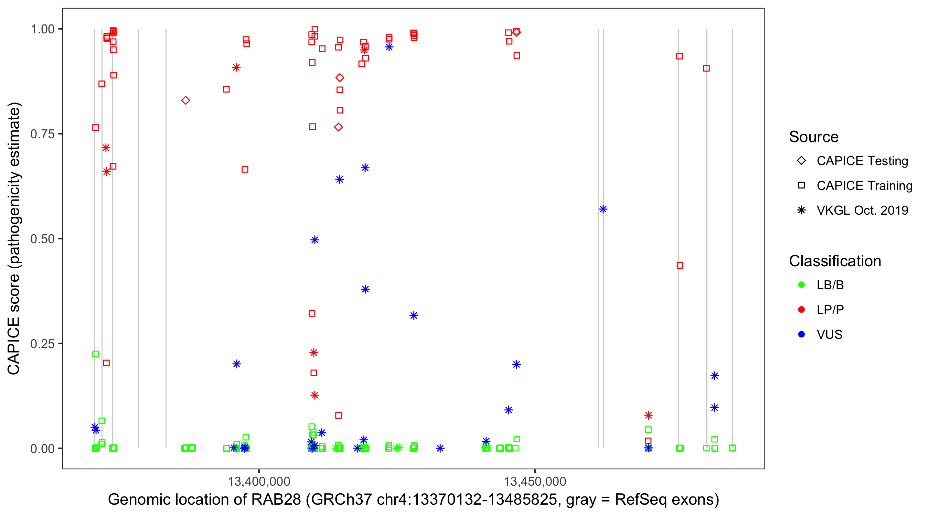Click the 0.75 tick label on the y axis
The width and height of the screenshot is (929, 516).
coord(42,134)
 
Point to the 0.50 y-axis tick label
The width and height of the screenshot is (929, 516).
coord(42,239)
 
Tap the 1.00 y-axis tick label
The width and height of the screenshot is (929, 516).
coord(42,29)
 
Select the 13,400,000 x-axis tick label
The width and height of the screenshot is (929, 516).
coord(259,481)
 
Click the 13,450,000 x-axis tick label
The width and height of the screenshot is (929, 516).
coord(535,481)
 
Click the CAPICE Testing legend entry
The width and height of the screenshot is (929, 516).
coord(862,161)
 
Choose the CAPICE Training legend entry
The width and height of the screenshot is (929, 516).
coord(864,186)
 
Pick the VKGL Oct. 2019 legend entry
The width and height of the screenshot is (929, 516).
coord(862,210)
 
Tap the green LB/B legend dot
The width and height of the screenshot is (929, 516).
coord(801,285)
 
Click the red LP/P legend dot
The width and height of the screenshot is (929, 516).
coord(801,310)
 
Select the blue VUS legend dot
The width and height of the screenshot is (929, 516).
coord(801,334)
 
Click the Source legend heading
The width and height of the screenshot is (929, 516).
coord(814,137)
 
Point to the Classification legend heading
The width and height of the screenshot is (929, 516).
coord(835,261)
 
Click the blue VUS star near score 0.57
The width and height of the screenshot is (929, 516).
coord(603,209)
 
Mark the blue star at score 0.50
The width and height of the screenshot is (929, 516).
coord(315,240)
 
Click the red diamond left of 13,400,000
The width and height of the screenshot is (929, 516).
coord(186,100)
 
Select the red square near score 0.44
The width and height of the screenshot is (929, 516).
coord(680,265)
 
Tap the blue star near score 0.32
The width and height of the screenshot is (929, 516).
coord(414,315)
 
